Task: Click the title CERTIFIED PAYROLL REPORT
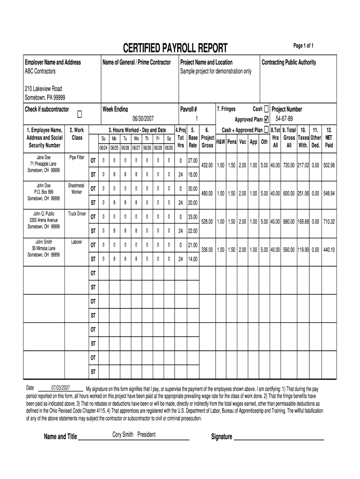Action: pos(175,48)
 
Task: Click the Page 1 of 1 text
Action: pos(303,45)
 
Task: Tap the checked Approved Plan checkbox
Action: pos(266,119)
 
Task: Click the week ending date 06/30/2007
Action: pos(143,119)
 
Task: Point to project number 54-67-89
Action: pos(284,118)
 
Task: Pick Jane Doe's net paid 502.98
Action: pos(329,165)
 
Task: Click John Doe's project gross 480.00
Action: pos(207,193)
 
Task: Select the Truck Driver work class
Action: pos(77,213)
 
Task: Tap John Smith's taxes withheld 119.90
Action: pos(303,250)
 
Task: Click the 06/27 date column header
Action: pos(136,147)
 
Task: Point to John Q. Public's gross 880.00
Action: pos(288,221)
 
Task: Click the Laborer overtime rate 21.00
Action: pos(192,245)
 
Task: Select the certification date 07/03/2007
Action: pos(61,388)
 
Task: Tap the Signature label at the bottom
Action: pos(222,437)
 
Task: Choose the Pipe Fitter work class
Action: pos(77,157)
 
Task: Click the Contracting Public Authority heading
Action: pos(288,62)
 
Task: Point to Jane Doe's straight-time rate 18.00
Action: pos(192,174)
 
